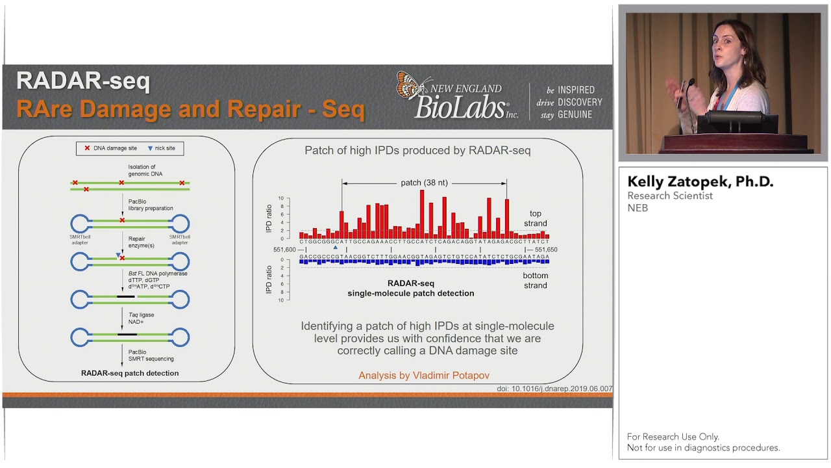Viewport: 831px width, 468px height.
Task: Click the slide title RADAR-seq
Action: pyautogui.click(x=83, y=81)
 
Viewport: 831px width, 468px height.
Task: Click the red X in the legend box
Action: pyautogui.click(x=87, y=148)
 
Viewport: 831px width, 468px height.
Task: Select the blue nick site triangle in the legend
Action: pyautogui.click(x=151, y=148)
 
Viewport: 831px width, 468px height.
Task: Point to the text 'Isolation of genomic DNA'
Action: pyautogui.click(x=145, y=171)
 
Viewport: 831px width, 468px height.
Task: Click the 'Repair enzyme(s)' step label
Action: pyautogui.click(x=141, y=243)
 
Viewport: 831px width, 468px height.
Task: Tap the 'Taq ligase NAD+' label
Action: pyautogui.click(x=142, y=318)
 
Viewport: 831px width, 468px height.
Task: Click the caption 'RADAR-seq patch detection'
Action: pyautogui.click(x=130, y=373)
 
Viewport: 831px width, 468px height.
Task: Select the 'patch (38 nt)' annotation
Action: pyautogui.click(x=424, y=183)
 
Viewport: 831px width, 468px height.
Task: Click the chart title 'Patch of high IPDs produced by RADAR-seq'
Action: pyautogui.click(x=417, y=150)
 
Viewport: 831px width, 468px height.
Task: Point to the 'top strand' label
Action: pyautogui.click(x=535, y=218)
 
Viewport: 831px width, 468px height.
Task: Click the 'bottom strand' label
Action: pyautogui.click(x=535, y=280)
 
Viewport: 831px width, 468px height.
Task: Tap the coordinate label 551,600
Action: pyautogui.click(x=284, y=250)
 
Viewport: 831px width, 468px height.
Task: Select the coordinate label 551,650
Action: pyautogui.click(x=545, y=250)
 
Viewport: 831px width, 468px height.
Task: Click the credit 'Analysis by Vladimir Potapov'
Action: pyautogui.click(x=424, y=375)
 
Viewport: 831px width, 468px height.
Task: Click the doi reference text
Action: pyautogui.click(x=554, y=389)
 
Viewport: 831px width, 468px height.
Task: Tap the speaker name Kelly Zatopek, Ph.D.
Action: pyautogui.click(x=700, y=182)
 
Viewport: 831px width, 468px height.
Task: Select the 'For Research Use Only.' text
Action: pyautogui.click(x=673, y=437)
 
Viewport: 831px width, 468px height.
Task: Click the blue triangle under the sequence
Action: pyautogui.click(x=335, y=248)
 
